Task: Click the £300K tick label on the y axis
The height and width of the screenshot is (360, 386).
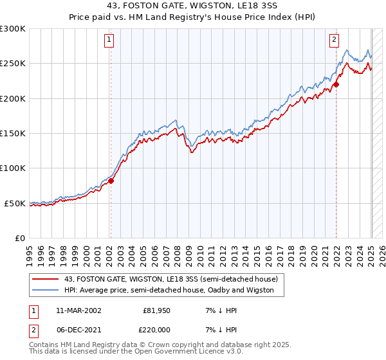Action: [x=12, y=29]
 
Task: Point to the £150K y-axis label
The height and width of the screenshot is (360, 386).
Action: [x=12, y=134]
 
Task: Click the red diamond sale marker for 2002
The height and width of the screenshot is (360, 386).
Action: [x=111, y=181]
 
